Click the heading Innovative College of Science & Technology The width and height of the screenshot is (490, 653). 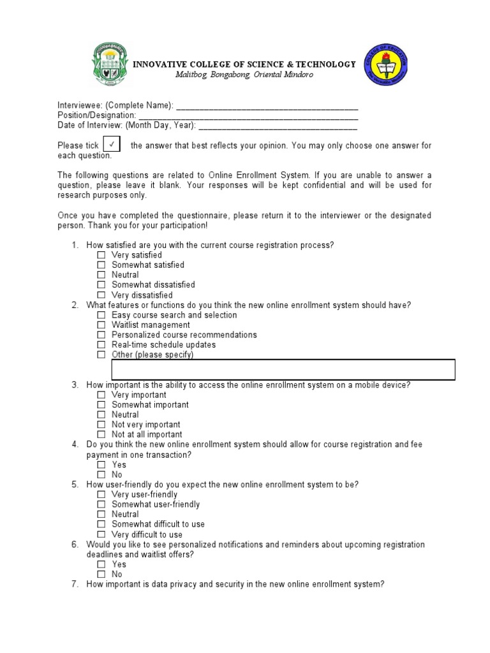point(244,64)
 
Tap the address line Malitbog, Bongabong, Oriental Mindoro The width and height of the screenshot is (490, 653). point(244,75)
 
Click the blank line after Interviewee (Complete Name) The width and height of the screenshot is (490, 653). point(266,105)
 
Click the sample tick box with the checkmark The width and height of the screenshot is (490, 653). point(112,145)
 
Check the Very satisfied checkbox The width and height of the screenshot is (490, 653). point(101,255)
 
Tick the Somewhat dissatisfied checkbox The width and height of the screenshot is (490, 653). point(101,285)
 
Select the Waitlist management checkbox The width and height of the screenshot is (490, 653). point(101,325)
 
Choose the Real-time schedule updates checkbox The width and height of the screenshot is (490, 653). point(101,345)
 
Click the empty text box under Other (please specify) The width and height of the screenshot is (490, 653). point(283,370)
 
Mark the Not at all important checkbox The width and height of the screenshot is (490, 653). point(101,435)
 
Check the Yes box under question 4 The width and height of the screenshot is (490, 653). point(101,465)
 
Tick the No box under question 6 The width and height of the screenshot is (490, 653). point(101,575)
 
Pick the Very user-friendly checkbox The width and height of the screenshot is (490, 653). point(101,495)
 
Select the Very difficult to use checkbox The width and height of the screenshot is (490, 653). point(101,534)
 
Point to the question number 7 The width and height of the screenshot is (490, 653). point(75,584)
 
